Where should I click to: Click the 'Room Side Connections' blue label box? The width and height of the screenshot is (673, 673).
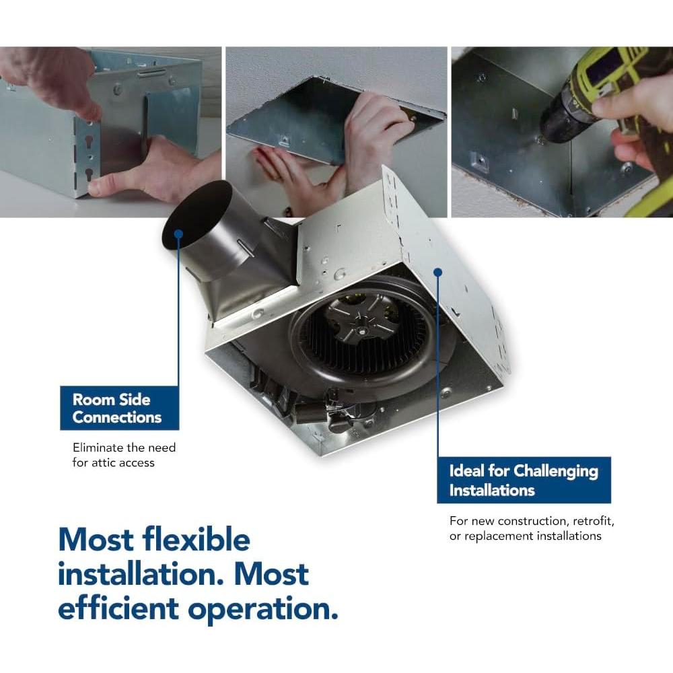[119, 408]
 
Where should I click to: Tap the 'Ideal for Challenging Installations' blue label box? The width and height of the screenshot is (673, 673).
[524, 480]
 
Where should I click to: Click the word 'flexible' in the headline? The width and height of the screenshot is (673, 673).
[196, 540]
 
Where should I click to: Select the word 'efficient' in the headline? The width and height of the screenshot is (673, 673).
[118, 608]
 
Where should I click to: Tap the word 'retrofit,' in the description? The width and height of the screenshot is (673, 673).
[594, 521]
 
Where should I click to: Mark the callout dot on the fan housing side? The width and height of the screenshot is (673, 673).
[438, 272]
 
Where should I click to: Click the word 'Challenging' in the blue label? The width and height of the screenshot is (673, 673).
[556, 471]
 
